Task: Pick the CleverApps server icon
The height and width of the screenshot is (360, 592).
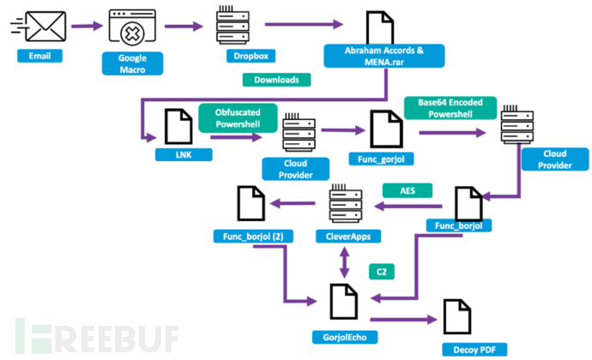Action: point(347,205)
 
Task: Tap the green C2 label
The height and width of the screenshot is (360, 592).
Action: point(380,271)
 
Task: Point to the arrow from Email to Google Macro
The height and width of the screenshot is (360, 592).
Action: point(86,26)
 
